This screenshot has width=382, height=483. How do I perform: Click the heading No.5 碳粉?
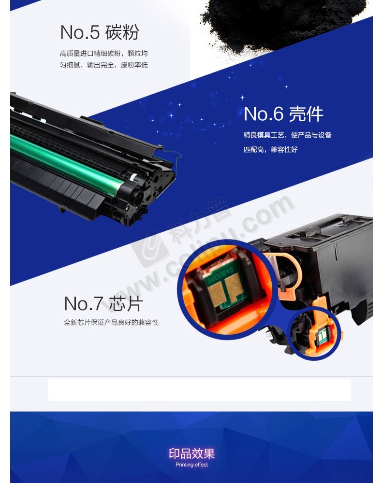pyautogui.click(x=100, y=32)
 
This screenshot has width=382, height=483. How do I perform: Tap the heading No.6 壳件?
pyautogui.click(x=283, y=114)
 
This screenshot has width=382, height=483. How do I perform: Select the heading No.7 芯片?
pyautogui.click(x=103, y=303)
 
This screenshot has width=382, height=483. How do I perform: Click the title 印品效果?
pyautogui.click(x=191, y=454)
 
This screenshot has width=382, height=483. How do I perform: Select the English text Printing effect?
pyautogui.click(x=191, y=465)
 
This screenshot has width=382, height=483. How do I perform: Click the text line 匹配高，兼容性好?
pyautogui.click(x=270, y=149)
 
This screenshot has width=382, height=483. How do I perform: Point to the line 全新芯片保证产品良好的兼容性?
pyautogui.click(x=111, y=322)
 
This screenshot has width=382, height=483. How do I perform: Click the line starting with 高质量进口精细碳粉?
pyautogui.click(x=103, y=53)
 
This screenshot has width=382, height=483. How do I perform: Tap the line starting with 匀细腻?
pyautogui.click(x=103, y=65)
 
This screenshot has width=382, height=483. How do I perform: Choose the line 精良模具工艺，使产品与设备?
pyautogui.click(x=287, y=135)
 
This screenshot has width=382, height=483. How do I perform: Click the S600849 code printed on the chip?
pyautogui.click(x=220, y=275)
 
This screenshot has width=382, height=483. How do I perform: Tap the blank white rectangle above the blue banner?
pyautogui.click(x=200, y=390)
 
